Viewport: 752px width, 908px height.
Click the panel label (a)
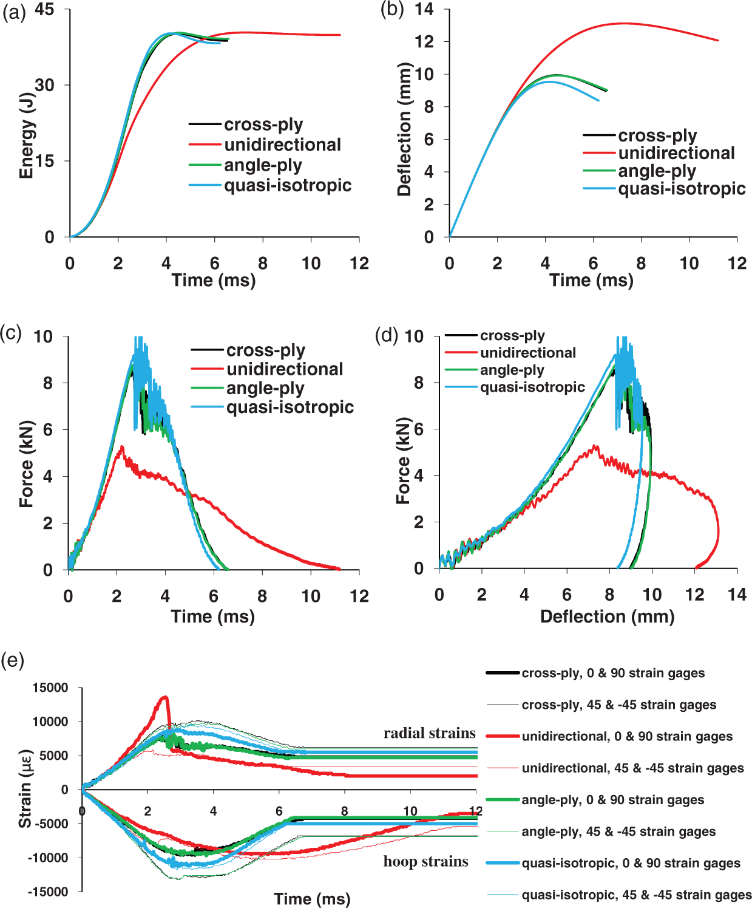coord(14,12)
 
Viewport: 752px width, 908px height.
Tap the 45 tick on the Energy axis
coord(44,9)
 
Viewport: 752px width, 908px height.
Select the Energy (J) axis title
coord(26,135)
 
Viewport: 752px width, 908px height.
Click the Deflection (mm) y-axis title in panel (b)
coord(404,129)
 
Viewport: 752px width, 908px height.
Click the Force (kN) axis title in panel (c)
coord(26,464)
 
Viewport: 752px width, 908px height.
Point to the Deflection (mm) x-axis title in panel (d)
coord(608,616)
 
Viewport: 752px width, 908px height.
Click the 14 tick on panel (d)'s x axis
coord(737,595)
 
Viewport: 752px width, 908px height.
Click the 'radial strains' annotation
coord(430,732)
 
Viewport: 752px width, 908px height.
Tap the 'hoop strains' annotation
coord(425,861)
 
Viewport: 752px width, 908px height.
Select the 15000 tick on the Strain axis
coord(50,688)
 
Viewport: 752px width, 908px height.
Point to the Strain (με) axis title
coord(25,788)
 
